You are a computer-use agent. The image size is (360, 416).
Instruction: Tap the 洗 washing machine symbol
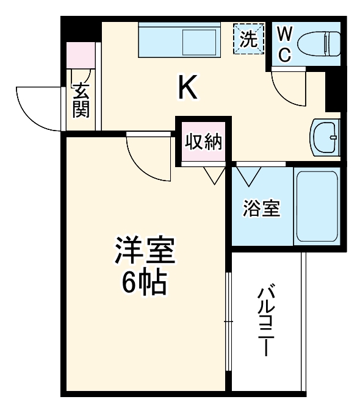(x=248, y=39)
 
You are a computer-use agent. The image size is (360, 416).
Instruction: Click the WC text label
(x=284, y=43)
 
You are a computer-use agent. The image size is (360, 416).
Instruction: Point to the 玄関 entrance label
(x=81, y=100)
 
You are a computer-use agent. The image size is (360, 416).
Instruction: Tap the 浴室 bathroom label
(x=262, y=209)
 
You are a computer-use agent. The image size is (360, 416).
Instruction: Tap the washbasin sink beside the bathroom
(x=324, y=138)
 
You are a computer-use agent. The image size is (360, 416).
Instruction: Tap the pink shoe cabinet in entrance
(x=81, y=56)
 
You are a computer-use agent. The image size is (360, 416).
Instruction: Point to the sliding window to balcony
(x=229, y=321)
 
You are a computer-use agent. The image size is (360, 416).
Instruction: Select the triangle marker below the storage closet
(x=214, y=175)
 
